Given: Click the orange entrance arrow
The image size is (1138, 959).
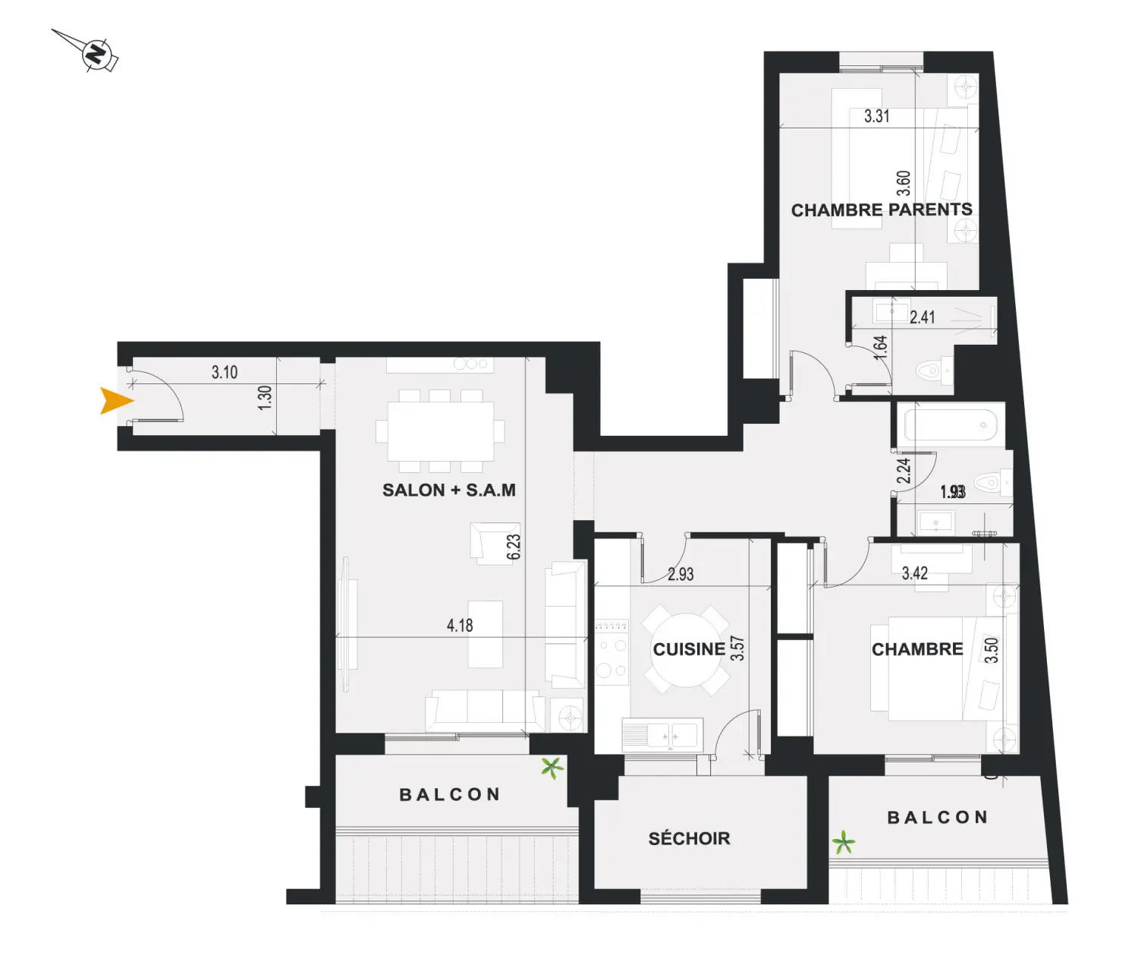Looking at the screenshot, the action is tap(115, 401).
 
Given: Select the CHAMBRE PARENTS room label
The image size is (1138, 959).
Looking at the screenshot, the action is tap(882, 210).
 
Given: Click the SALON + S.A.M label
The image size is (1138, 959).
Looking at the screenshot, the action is tap(448, 490).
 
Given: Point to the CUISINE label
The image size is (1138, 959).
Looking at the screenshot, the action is tap(689, 649).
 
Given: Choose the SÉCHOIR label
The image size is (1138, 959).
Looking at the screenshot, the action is tap(689, 838).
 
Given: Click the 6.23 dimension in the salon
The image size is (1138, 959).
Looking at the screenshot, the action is tap(514, 547).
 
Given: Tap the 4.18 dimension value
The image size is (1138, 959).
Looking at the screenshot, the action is tap(460, 625).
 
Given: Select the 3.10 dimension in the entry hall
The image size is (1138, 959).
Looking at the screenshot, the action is tap(225, 372).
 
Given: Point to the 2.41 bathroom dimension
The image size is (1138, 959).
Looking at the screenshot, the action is tap(923, 317).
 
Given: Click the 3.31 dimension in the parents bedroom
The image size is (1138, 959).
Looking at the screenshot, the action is tap(876, 115).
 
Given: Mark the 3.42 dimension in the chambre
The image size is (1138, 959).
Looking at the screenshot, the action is tap(914, 573).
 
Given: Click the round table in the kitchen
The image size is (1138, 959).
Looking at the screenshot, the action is tap(686, 649).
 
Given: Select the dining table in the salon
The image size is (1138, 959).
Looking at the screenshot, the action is tap(440, 431).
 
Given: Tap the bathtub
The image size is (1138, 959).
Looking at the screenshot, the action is tap(951, 425).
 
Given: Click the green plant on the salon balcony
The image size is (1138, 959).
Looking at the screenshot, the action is tap(552, 768).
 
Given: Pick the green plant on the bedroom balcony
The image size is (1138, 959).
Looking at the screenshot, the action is tap(843, 842).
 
